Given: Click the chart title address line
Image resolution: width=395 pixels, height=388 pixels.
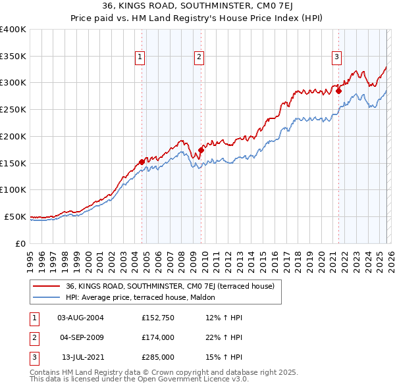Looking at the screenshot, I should [x=197, y=6].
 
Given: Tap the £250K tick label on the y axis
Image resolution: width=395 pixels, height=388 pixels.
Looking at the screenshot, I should [x=13, y=109].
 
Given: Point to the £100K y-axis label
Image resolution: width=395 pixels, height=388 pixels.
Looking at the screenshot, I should [x=13, y=189].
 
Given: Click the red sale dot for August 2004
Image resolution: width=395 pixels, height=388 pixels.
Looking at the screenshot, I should [x=142, y=161].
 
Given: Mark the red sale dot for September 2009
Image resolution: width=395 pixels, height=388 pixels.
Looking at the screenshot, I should [x=201, y=150].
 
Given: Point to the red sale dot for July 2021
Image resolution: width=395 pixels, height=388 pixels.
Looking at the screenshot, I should [x=338, y=91].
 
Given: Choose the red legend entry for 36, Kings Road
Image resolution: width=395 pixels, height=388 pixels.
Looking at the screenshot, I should [x=174, y=286].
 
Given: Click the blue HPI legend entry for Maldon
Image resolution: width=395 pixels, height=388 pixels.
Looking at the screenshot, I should [x=145, y=298].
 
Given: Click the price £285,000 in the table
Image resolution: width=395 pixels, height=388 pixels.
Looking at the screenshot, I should [x=158, y=357].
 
